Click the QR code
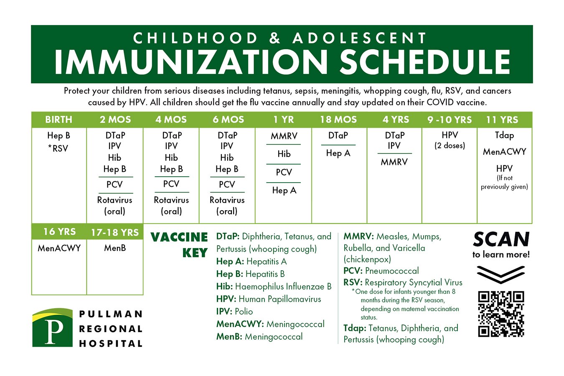point(501,314)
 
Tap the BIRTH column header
point(58,119)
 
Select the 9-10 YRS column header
point(450,120)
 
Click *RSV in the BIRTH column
point(58,148)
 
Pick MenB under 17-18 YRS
point(115,248)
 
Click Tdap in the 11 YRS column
point(504,135)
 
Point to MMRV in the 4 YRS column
point(394,162)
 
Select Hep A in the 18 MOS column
point(338,153)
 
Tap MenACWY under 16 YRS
point(59,248)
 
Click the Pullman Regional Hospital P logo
point(53,328)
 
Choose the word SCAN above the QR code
point(501,239)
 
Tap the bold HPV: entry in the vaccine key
point(226,299)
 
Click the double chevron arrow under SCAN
point(500,274)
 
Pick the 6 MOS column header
point(228,119)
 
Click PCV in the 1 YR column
point(284,172)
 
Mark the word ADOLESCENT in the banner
point(359,38)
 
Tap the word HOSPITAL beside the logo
point(111,343)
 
